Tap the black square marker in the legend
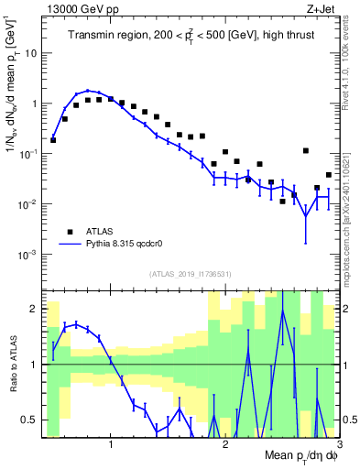[69, 231]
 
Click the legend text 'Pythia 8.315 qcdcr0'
[129, 245]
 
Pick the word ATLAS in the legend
[103, 231]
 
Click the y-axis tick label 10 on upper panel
[33, 53]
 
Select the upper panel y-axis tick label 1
[36, 104]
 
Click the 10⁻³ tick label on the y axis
[31, 254]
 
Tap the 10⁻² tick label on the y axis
[31, 203]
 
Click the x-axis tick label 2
[224, 447]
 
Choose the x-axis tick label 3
[338, 447]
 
